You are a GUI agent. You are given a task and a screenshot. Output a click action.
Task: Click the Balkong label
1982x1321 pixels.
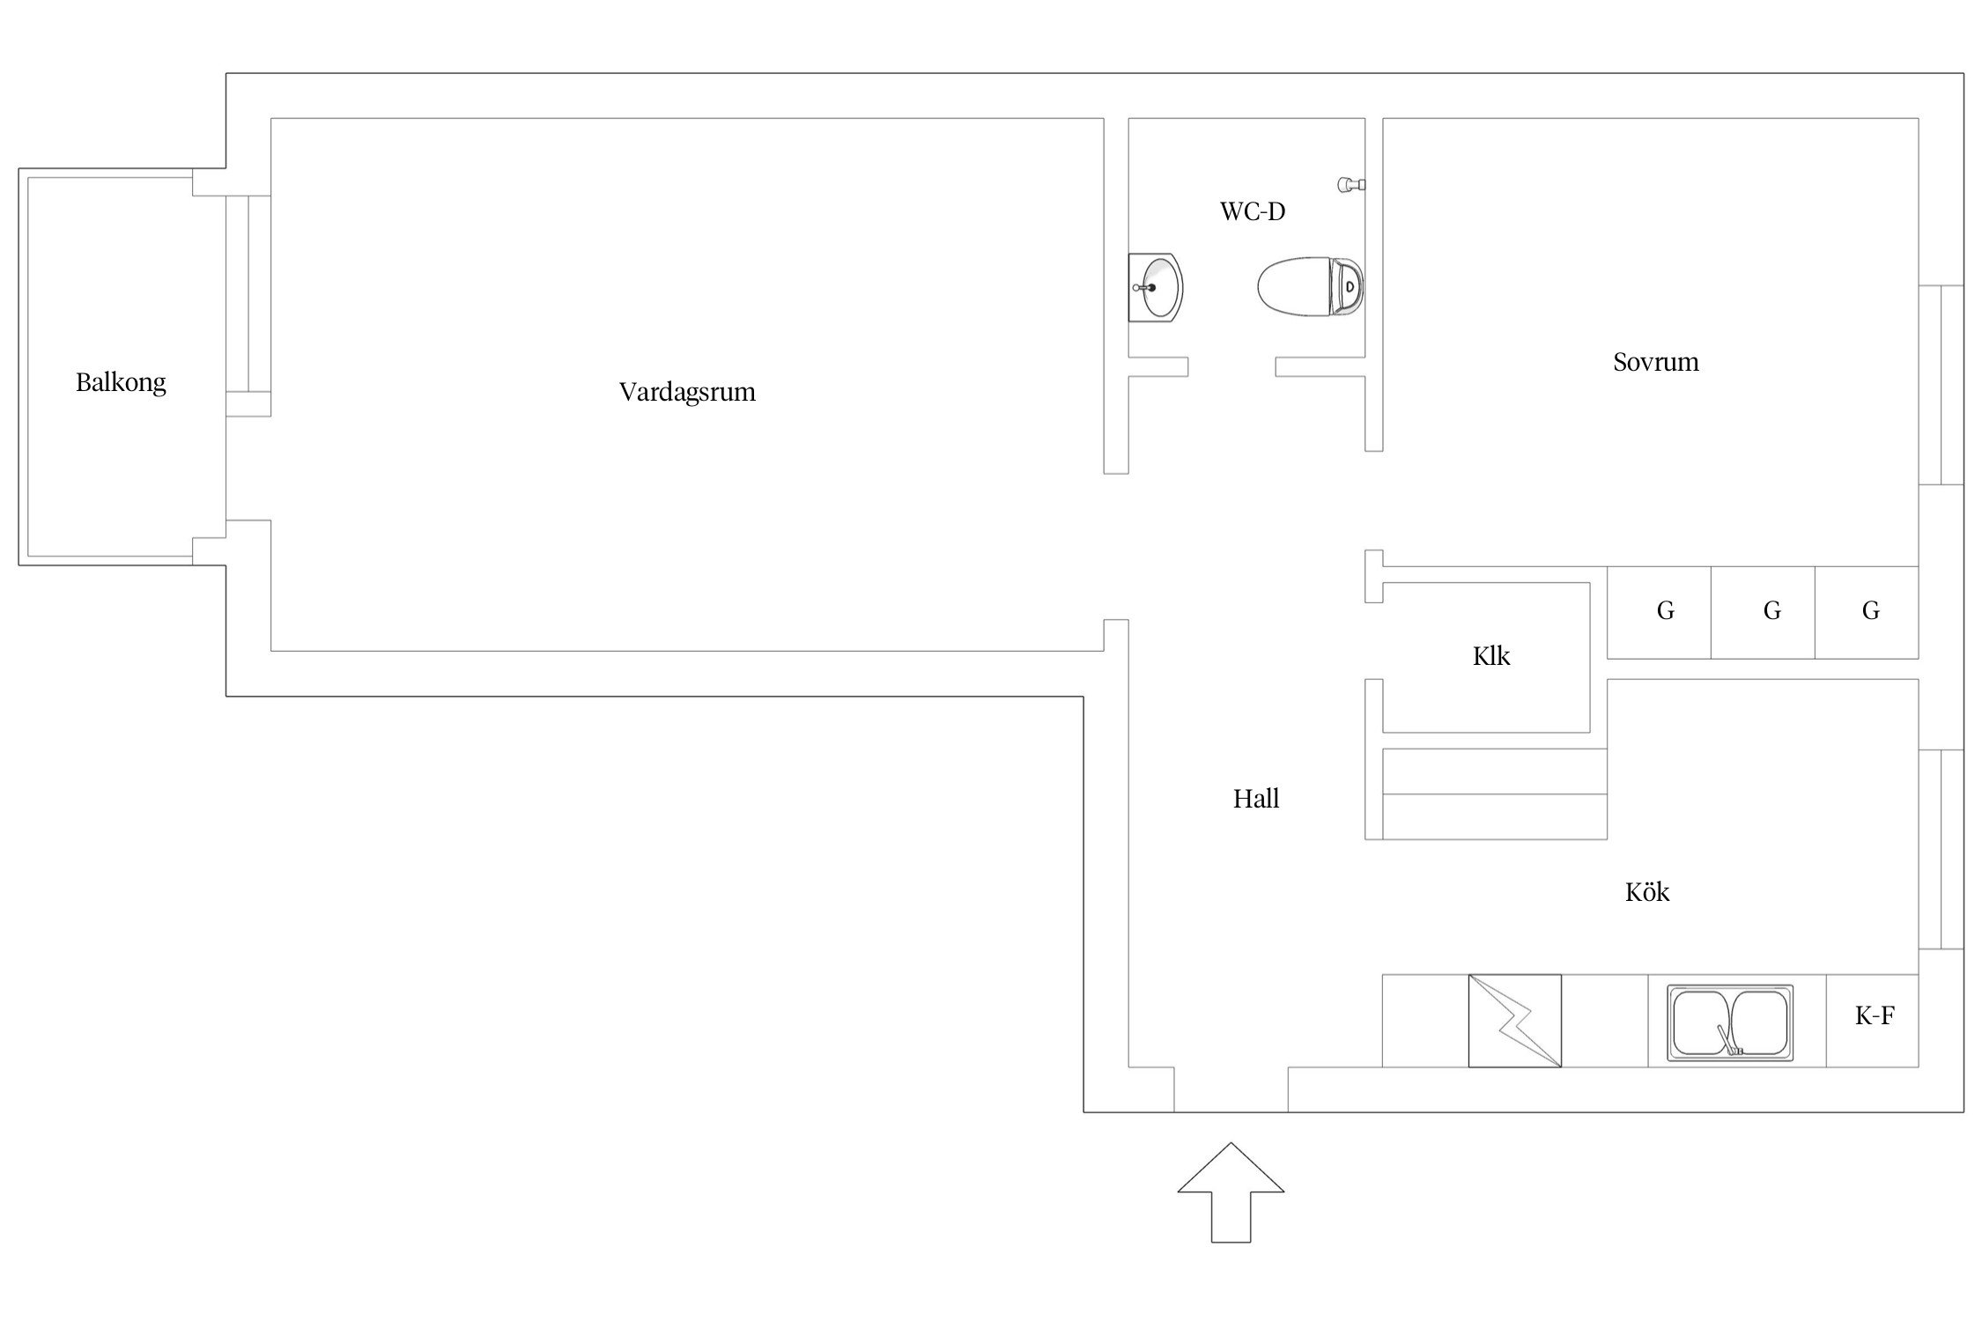[x=121, y=382]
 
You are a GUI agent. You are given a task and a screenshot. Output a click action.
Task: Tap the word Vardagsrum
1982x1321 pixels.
[x=687, y=392]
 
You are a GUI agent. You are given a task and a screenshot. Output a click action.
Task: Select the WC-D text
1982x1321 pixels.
[x=1252, y=211]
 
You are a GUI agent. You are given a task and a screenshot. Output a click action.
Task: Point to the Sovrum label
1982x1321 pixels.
[x=1655, y=362]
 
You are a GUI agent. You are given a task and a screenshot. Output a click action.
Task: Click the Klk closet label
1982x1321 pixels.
[x=1491, y=656]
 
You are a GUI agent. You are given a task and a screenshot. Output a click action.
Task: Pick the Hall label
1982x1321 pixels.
[x=1256, y=799]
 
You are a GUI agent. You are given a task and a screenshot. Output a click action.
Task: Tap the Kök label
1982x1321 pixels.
[x=1647, y=892]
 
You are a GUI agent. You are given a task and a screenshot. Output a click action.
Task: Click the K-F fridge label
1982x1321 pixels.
[x=1875, y=1016]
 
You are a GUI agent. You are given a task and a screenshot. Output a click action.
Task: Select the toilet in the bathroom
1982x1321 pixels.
[x=1311, y=286]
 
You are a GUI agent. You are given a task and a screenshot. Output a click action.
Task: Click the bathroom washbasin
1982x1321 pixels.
[x=1156, y=288]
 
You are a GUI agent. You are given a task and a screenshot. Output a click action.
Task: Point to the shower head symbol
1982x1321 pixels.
[x=1351, y=184]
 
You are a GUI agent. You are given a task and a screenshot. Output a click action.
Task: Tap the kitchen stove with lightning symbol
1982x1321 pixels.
[x=1515, y=1021]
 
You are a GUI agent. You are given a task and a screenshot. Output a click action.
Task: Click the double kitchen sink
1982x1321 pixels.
[x=1730, y=1022]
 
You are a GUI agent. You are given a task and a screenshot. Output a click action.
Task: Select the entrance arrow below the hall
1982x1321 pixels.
[x=1231, y=1192]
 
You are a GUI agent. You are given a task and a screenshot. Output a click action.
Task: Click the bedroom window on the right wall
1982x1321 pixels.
[x=1941, y=385]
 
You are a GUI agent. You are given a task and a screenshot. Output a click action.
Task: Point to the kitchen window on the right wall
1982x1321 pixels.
[x=1941, y=849]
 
